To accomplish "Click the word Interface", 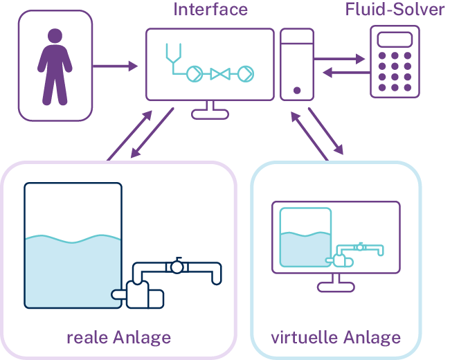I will point(210,9).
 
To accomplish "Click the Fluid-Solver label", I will point(395,9).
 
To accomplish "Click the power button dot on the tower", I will point(296,90).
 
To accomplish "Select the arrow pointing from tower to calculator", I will point(339,60).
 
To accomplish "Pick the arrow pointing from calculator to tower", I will point(339,72).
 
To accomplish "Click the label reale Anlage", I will point(118,338).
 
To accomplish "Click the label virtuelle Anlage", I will point(336,338).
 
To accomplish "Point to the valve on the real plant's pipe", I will point(178,266).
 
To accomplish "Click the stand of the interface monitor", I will point(210,109).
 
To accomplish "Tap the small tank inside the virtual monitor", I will point(305,239).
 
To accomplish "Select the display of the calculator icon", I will point(395,39).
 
